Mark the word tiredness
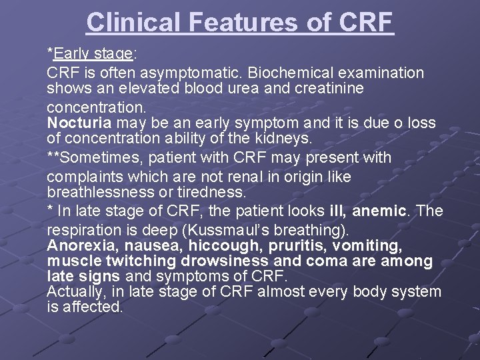215,192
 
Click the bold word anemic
379,211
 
